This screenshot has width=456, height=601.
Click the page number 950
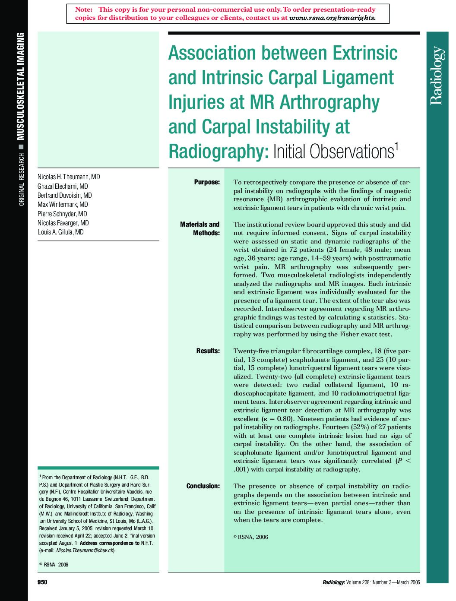click(x=42, y=582)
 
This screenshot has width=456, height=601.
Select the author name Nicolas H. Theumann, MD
click(x=69, y=177)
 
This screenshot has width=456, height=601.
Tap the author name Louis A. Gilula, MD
click(x=60, y=232)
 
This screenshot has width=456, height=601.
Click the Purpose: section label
click(x=207, y=182)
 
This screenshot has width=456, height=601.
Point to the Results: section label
click(x=208, y=351)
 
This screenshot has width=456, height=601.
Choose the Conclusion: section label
click(x=203, y=486)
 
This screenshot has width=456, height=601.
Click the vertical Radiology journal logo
click(x=437, y=75)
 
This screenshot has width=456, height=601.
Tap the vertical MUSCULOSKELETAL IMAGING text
click(x=20, y=86)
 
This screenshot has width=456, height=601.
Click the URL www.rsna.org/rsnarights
click(x=332, y=18)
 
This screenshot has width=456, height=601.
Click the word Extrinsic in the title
click(x=364, y=53)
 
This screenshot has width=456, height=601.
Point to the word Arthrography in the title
click(x=329, y=102)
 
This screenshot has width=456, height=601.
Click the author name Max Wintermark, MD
click(x=63, y=205)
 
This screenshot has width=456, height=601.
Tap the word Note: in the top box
click(x=84, y=9)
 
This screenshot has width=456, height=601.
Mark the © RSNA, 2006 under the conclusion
click(x=251, y=537)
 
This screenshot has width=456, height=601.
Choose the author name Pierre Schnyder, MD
click(x=62, y=214)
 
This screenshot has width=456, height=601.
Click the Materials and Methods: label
click(x=200, y=229)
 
